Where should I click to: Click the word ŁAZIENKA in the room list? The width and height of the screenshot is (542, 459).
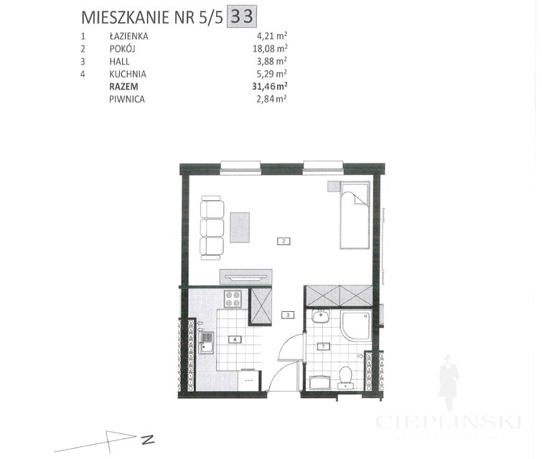pos(129,35)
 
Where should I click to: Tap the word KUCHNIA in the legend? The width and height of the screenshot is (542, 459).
pos(127,73)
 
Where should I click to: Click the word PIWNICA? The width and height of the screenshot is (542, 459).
pos(126,99)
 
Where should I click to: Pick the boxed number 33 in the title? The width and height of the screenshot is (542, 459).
pos(242,15)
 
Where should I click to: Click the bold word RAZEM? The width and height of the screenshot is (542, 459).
pos(123,86)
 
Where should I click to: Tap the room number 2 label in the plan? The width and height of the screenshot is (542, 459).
pos(284,241)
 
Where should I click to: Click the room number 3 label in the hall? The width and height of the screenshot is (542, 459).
pos(286,314)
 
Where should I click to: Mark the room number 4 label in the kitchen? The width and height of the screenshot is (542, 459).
pos(233,339)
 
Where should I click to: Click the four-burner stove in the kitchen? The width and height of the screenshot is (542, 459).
pos(233,298)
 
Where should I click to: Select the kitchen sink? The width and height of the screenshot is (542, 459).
pos(207,344)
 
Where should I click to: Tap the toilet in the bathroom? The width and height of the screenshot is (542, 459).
pos(345,374)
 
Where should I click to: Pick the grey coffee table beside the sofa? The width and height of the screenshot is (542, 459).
pos(239,227)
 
